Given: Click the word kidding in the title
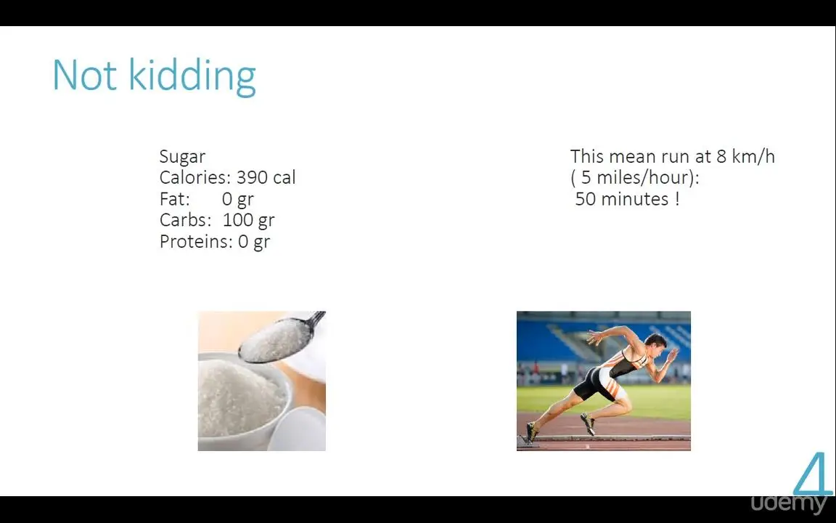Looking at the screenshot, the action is pos(192,78).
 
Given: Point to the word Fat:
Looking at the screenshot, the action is pos(175,198).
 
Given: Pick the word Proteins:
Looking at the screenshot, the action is pos(196,241).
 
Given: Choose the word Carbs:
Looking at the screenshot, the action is pos(186,220).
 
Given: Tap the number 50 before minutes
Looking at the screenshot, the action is pos(586,199).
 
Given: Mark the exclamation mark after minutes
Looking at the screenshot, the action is pos(677,199).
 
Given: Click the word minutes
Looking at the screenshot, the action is pos(634,199).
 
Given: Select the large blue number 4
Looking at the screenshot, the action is pos(814,474).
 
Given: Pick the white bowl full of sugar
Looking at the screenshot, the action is pos(242,401).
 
